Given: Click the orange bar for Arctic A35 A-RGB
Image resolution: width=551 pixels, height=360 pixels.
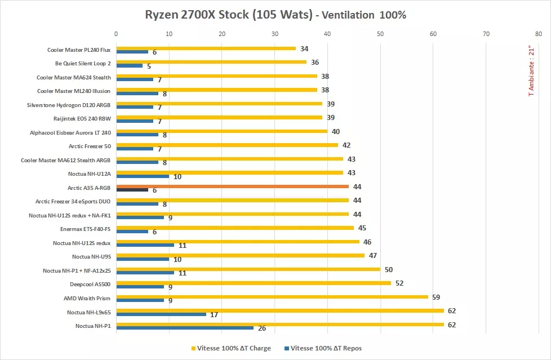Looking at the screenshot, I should pos(232,186).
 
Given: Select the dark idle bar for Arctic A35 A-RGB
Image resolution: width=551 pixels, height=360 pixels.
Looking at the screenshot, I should pos(132,190).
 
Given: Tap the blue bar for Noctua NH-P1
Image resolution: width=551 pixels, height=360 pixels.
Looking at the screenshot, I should pos(185,327).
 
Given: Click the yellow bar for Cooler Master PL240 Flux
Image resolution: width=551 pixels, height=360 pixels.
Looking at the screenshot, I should pos(206,48).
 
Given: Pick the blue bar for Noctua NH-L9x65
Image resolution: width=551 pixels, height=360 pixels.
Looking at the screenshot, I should pos(161,314).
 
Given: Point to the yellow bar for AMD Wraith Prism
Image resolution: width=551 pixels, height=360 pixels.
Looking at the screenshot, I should pos(272,296).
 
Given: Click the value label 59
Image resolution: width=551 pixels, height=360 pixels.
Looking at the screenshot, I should pos(436,296).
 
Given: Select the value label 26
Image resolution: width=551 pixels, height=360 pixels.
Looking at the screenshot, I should pos(261,328).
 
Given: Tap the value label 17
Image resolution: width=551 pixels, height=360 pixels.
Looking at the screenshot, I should pos(214,314).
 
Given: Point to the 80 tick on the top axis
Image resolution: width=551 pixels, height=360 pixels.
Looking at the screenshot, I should pos(539,34).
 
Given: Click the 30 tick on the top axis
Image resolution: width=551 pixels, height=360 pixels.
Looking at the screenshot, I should pos(275,34).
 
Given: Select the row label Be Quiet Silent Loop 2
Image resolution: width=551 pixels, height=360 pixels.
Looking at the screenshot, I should pos(83,64).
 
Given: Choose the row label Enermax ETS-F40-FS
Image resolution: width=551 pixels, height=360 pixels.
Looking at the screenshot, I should pos(85,229).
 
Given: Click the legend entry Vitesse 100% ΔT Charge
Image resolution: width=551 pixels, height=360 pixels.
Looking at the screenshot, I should pos(231,348).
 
